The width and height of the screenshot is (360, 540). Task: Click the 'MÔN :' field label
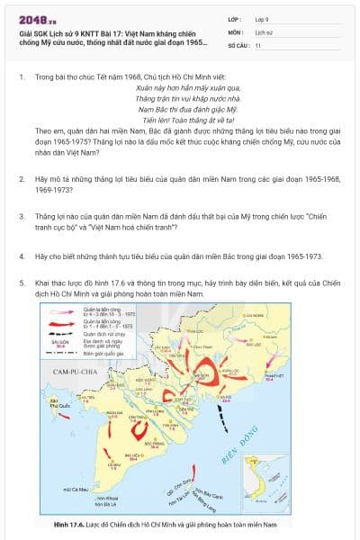pyautogui.click(x=237, y=31)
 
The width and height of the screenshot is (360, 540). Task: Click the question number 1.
pyautogui.click(x=22, y=77)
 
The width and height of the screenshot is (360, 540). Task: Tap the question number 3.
pyautogui.click(x=22, y=216)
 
